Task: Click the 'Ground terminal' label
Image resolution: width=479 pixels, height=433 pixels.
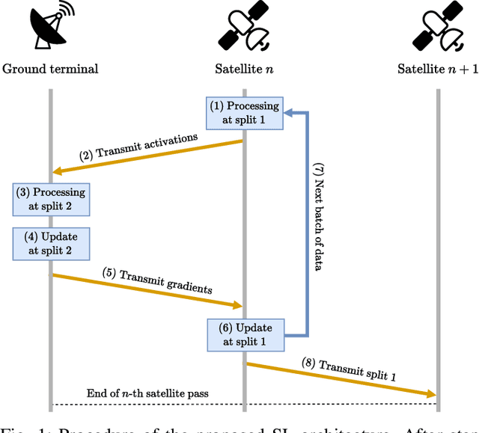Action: pos(51,70)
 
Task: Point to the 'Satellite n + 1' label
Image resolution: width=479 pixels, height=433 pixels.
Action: pos(437,70)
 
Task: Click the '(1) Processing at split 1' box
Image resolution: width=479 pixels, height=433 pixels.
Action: pos(244,112)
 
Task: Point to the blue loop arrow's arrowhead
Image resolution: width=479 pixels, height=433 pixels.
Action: pos(288,113)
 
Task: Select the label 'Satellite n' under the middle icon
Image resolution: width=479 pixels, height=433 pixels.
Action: pos(244,70)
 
